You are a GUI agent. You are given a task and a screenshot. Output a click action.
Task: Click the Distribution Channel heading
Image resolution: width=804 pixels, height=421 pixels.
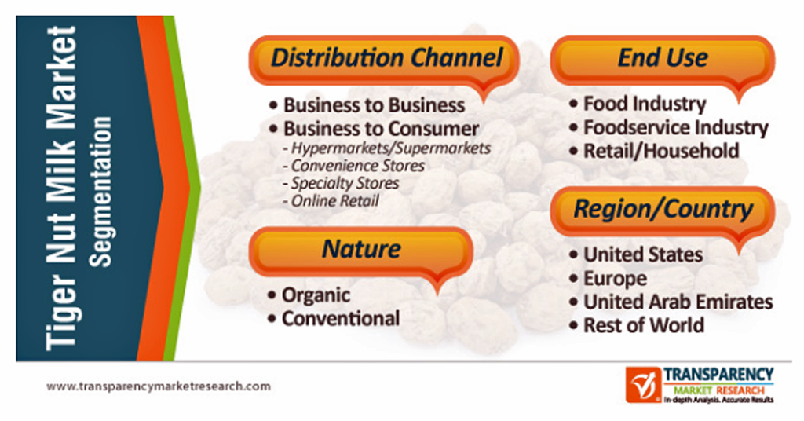386,57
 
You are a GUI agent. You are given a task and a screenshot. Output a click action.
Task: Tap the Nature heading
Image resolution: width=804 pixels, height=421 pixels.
361,249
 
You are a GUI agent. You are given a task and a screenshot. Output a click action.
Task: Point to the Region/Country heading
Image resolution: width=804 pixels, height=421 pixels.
663,209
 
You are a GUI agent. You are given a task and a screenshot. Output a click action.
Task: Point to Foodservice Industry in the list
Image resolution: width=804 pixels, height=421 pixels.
676,128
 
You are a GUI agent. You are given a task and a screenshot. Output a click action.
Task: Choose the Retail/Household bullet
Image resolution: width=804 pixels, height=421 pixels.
661,151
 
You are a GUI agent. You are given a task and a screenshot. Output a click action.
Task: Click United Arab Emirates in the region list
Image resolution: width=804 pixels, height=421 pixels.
678,302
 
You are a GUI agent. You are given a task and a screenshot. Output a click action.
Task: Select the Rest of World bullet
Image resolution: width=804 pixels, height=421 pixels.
644,325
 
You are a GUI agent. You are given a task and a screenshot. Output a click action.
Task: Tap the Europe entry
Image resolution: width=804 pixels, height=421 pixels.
616,279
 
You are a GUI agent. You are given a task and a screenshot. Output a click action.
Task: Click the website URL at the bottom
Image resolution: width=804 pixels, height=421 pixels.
159,386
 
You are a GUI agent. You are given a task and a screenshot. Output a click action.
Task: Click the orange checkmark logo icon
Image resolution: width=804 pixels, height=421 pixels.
643,385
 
